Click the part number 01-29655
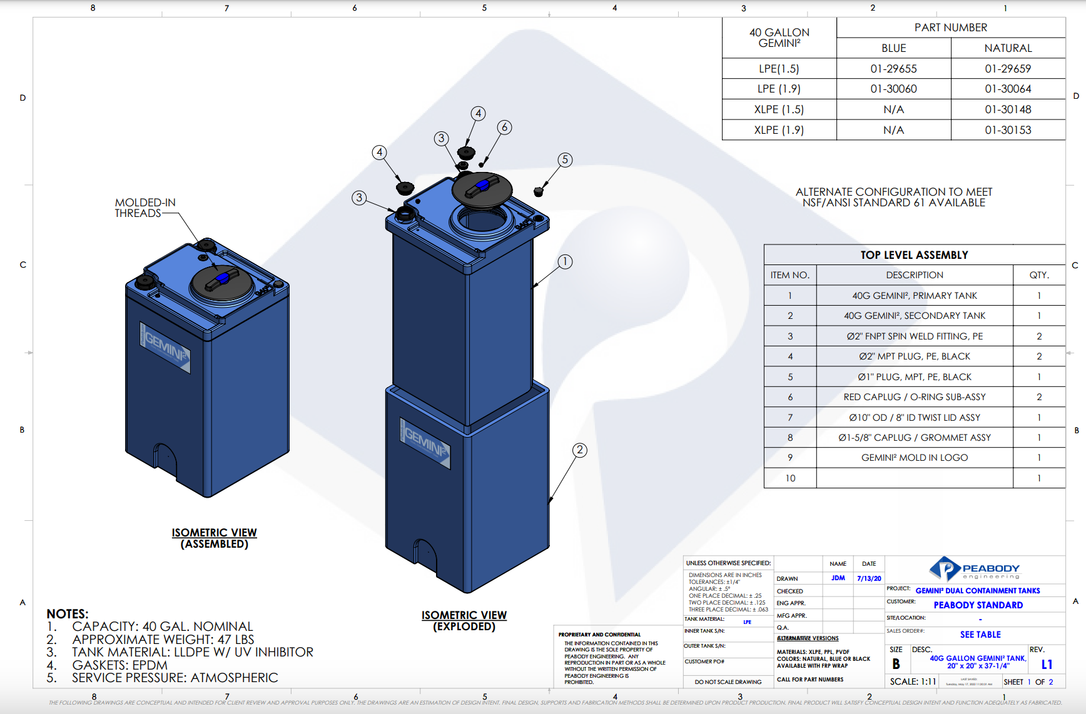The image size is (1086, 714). coord(893,69)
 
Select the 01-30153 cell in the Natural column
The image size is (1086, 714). coord(1008,130)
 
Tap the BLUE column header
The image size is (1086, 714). coord(893,48)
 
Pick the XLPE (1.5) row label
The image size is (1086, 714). coord(779,109)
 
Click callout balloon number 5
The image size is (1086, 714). coord(565,159)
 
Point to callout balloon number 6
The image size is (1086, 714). coord(504,128)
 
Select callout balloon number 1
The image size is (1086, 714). coord(565,261)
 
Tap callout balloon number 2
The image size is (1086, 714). coord(580,450)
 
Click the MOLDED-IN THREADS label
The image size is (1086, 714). coord(145,208)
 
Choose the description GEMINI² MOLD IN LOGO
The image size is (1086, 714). coord(914,458)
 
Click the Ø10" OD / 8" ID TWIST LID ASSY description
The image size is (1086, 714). coord(914,418)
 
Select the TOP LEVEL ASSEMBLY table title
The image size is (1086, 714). coord(914,255)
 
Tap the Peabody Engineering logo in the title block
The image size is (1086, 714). coord(975,569)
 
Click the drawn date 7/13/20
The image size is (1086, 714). coord(869,578)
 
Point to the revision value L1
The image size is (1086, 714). coord(1047,665)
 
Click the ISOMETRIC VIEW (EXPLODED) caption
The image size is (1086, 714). coord(464,621)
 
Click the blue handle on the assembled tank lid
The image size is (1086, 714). coord(221,278)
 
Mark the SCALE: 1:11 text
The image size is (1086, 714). coord(913,681)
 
